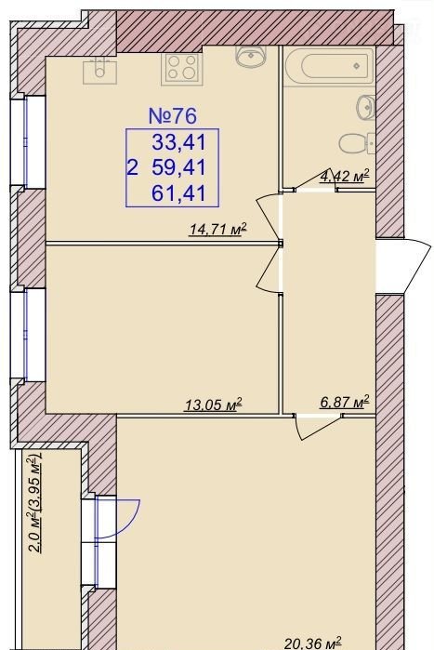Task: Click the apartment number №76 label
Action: coord(172,116)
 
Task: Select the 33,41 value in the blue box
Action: coord(179,142)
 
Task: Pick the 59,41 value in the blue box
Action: coord(179,168)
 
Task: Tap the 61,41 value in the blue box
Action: coord(179,193)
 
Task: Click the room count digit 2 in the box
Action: coord(133,168)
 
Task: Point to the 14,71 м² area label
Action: coord(217,229)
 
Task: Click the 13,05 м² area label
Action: coord(213,405)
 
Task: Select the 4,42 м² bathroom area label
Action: coord(344,176)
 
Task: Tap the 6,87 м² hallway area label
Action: coord(344,402)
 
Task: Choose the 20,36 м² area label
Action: coord(313,643)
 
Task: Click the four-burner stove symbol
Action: coord(182,68)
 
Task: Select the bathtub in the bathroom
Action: coord(330,65)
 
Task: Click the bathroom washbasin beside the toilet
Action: coord(366,108)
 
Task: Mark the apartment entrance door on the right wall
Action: coord(403,266)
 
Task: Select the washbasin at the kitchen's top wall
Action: coord(251,57)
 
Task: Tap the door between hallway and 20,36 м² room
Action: coord(318,425)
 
